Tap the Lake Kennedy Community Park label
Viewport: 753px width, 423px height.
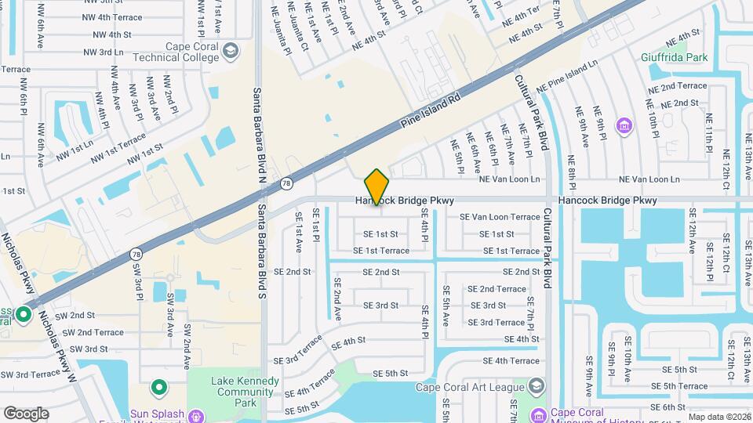[x=246, y=392]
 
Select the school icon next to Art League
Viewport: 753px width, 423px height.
[x=537, y=385]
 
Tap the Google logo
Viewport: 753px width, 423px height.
[x=26, y=413]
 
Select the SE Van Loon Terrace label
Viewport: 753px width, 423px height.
[x=500, y=217]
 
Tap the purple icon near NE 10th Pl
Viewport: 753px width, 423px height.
[x=624, y=125]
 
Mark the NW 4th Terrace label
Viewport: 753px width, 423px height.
[x=118, y=17]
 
